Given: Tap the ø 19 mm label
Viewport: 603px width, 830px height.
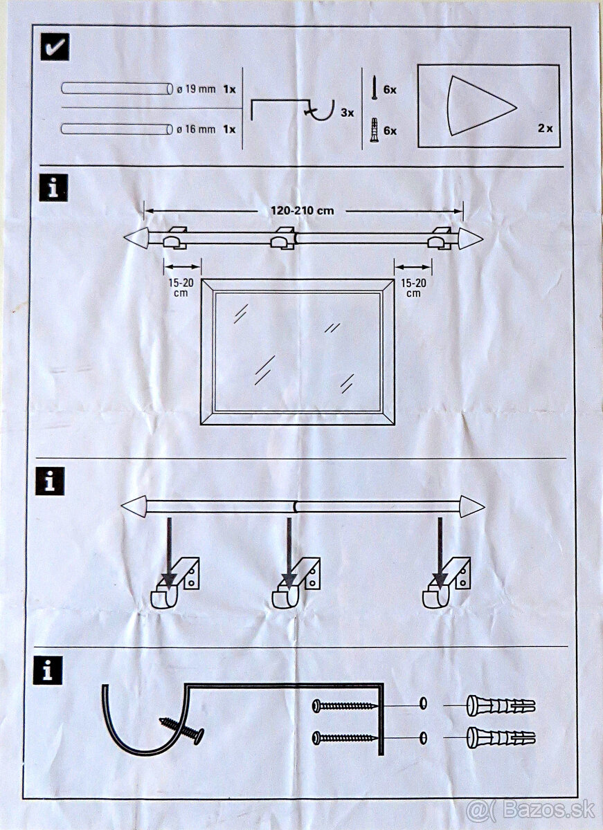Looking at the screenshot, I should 197,90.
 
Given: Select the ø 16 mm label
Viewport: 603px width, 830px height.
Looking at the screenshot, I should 197,129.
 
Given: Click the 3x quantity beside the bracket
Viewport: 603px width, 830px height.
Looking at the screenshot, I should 347,112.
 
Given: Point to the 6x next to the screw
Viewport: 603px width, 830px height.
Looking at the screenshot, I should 390,90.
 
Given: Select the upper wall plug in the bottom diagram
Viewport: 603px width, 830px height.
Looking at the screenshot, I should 501,705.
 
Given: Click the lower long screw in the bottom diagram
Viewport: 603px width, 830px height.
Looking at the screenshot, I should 345,737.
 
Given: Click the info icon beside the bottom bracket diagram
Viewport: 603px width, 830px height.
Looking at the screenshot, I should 48,670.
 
